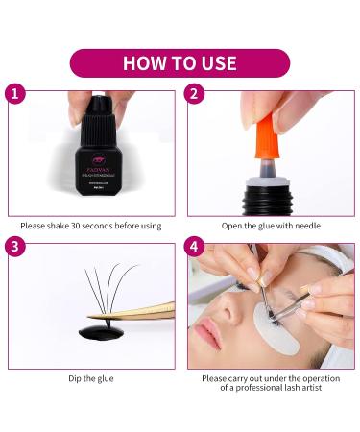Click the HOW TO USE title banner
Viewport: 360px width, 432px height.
pyautogui.click(x=180, y=63)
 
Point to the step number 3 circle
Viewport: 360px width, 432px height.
pyautogui.click(x=13, y=246)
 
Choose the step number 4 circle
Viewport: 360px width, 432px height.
pyautogui.click(x=194, y=246)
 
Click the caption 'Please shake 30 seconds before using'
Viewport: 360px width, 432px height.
pyautogui.click(x=90, y=227)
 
